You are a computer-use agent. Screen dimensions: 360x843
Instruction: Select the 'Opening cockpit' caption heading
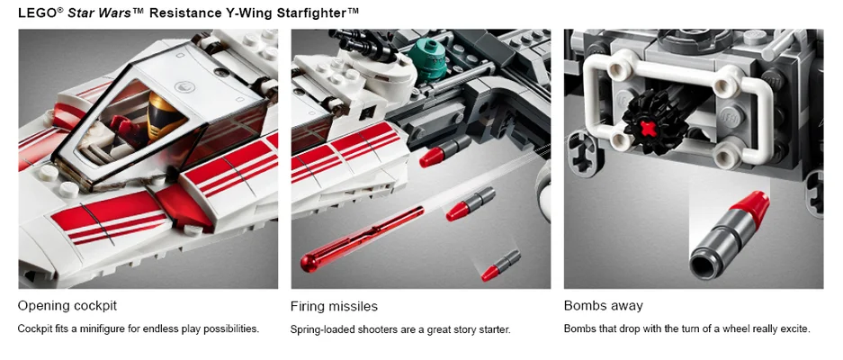(x=67, y=306)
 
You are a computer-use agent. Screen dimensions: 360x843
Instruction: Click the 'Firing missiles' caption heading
(x=334, y=306)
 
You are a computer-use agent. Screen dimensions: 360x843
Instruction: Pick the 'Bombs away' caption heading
(x=603, y=306)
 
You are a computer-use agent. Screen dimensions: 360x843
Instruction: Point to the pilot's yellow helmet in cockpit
(x=162, y=110)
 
